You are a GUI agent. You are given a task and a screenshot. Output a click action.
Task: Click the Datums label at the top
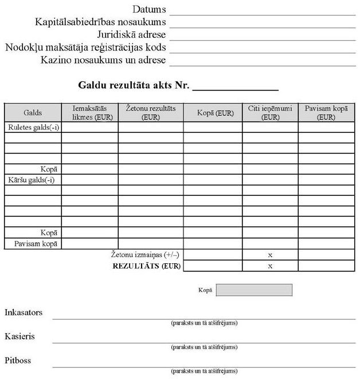149,9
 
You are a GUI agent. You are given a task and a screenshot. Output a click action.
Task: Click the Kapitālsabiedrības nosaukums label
100,22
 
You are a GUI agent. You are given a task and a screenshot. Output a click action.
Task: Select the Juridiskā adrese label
131,34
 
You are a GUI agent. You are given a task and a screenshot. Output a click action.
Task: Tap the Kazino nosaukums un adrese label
103,60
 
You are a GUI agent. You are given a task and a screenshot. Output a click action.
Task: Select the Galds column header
33,113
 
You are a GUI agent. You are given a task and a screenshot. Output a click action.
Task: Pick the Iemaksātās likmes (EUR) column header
90,113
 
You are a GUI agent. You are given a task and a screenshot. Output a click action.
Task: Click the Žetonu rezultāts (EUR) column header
151,113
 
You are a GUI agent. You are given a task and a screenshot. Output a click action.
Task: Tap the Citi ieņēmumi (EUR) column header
269,113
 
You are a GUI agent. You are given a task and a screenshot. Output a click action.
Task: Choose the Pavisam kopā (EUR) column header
326,113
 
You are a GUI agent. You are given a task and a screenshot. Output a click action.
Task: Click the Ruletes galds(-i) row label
33,128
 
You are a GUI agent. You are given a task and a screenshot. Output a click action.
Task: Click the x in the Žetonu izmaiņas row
270,254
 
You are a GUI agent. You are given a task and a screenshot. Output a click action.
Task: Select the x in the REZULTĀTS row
270,266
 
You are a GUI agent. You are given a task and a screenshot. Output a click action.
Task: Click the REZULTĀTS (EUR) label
147,266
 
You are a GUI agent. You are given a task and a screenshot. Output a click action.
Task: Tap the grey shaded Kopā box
254,290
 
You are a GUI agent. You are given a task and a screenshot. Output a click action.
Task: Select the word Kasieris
20,337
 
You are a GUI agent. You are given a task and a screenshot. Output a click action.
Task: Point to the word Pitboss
18,361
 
